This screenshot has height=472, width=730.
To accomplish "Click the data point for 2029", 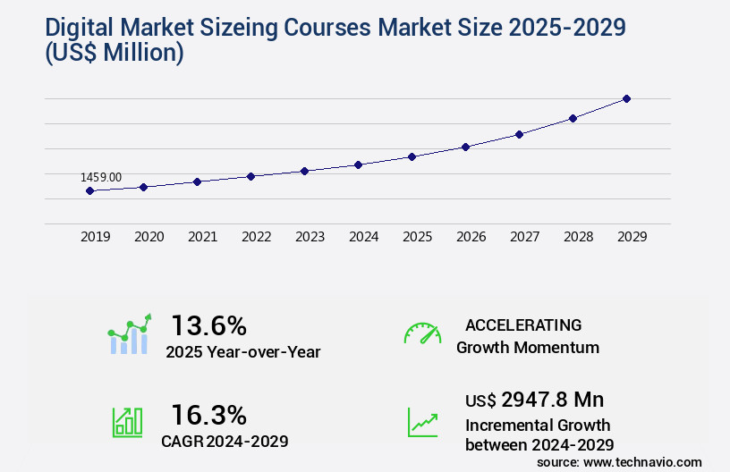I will pos(626,98).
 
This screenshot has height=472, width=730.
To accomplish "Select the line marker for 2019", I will pos(89,190).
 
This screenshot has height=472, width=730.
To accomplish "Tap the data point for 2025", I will pos(412,156).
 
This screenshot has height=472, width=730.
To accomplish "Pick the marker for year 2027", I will pos(519,134).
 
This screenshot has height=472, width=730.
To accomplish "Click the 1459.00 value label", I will pos(101,178).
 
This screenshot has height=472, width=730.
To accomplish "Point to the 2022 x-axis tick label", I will pos(256,237).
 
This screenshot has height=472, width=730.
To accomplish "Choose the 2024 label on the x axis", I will pos(363,237).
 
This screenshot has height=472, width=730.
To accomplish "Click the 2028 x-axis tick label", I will pos(578,237).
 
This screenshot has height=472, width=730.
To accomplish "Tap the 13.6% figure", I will pos(208,325).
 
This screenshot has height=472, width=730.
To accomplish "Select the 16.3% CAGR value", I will pos(208,415).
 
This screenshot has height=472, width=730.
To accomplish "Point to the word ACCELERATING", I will pos(523,325).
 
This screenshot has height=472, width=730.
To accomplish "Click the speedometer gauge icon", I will pos(422,333).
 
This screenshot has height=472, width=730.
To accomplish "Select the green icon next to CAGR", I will pos(127,422).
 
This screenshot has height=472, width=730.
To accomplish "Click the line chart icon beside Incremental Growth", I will pos(422,422).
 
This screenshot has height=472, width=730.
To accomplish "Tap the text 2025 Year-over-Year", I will pos(242,352).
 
